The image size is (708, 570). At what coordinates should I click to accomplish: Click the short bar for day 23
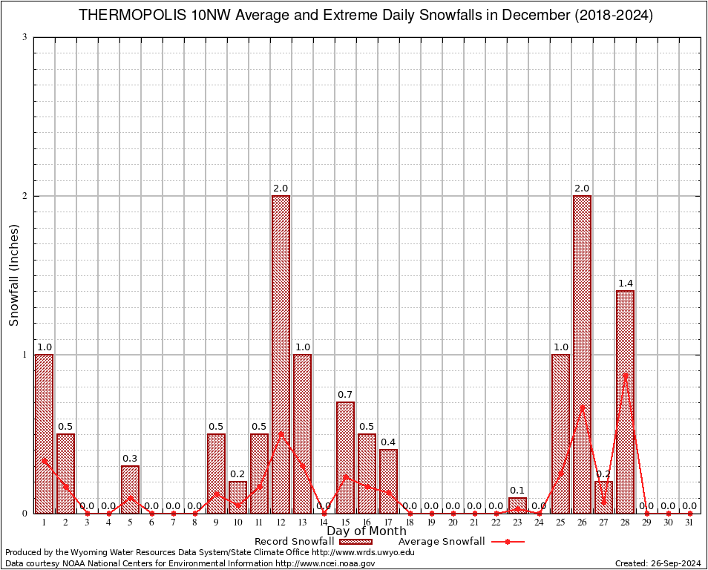[517, 505]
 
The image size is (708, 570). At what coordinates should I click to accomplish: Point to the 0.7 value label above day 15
[345, 395]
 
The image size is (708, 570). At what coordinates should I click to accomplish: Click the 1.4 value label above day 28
[625, 284]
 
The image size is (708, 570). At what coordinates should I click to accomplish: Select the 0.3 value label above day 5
[130, 459]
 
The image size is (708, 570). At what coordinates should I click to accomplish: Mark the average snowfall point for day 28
[626, 376]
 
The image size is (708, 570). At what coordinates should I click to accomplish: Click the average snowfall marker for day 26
[583, 407]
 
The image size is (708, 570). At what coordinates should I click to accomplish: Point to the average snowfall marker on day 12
[281, 433]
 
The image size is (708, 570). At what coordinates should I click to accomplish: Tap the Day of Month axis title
[366, 531]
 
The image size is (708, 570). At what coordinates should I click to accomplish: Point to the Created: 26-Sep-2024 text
[658, 563]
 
